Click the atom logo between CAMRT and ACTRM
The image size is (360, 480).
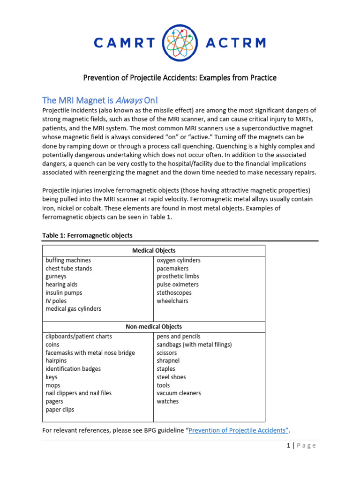tap(180, 43)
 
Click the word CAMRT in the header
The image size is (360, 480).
tap(124, 43)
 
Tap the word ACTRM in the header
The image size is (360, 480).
tap(236, 43)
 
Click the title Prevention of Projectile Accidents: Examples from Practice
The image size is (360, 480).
tap(180, 77)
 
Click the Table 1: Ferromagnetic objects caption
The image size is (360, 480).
tap(89, 235)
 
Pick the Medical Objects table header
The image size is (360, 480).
tap(154, 250)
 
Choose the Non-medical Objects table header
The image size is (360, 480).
tap(154, 326)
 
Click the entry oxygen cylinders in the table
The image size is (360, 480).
tap(179, 260)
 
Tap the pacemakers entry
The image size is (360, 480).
tap(172, 269)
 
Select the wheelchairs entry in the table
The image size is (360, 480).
tap(172, 301)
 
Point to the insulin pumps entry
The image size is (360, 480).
tap(64, 293)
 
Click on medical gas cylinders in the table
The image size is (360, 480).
tap(73, 309)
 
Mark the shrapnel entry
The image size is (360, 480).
tap(168, 361)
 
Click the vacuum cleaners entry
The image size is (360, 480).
tap(179, 393)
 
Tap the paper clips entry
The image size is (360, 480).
tap(60, 410)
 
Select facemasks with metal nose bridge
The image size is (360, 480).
tap(90, 352)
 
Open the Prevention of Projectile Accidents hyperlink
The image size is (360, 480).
tap(238, 430)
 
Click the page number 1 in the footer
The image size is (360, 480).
tap(289, 446)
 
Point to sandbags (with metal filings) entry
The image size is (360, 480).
tap(194, 345)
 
